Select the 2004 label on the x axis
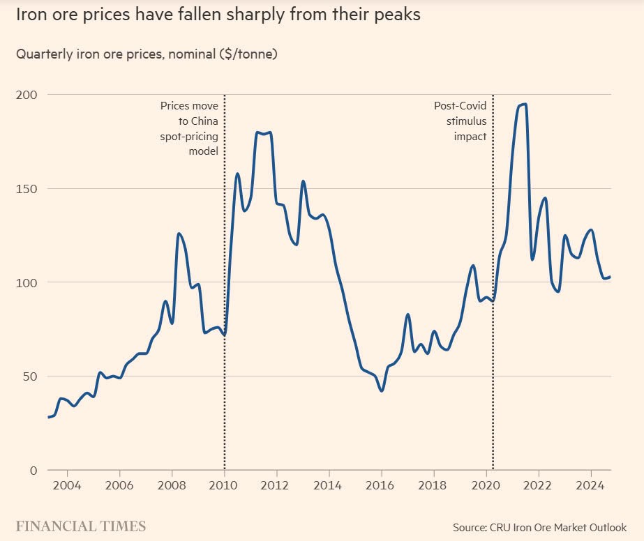tap(67, 485)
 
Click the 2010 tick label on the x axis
tap(224, 485)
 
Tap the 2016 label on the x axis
tap(381, 485)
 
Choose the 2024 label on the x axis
tap(591, 485)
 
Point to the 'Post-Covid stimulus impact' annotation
tap(460, 121)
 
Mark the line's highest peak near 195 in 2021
tap(522, 105)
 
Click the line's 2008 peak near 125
tap(179, 234)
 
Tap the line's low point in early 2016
tap(382, 390)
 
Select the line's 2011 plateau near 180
tap(263, 132)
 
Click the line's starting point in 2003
tap(48, 417)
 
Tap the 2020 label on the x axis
tap(486, 485)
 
